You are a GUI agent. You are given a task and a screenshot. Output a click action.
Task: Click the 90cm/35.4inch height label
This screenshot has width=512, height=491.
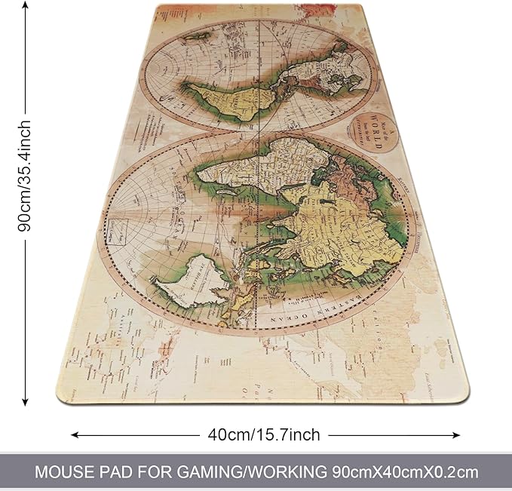(x=26, y=175)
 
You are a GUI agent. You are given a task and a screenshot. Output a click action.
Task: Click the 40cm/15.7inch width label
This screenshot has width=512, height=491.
(x=264, y=435)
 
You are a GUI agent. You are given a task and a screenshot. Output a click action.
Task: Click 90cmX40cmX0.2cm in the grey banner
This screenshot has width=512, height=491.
(x=405, y=473)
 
